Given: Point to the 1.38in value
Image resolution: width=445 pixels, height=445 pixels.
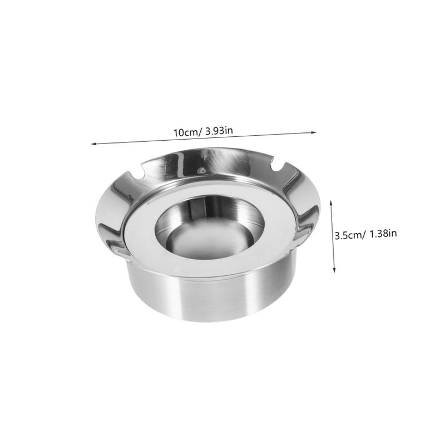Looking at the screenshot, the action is [x=383, y=234].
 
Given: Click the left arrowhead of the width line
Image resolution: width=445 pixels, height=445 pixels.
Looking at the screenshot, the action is [x=93, y=144].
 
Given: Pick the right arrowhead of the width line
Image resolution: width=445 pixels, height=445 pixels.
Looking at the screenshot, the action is [x=314, y=132].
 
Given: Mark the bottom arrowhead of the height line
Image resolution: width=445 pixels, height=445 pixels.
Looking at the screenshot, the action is [x=334, y=270].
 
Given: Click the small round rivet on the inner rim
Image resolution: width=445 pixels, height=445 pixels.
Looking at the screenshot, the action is [x=202, y=171].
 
